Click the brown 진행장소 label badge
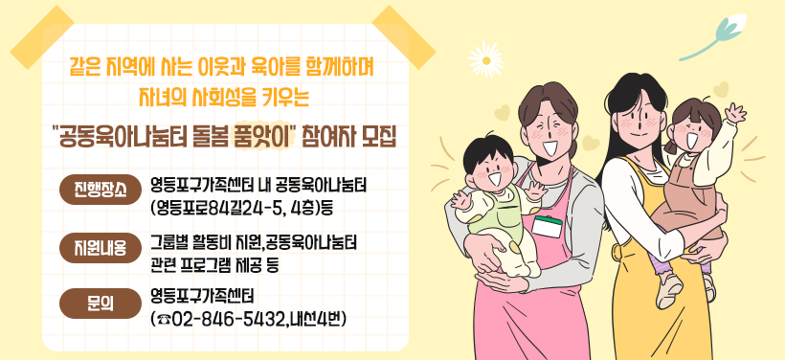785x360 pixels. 99,189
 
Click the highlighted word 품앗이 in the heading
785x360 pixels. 263,132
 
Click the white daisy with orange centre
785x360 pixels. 486,54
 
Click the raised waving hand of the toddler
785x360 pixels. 734,115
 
